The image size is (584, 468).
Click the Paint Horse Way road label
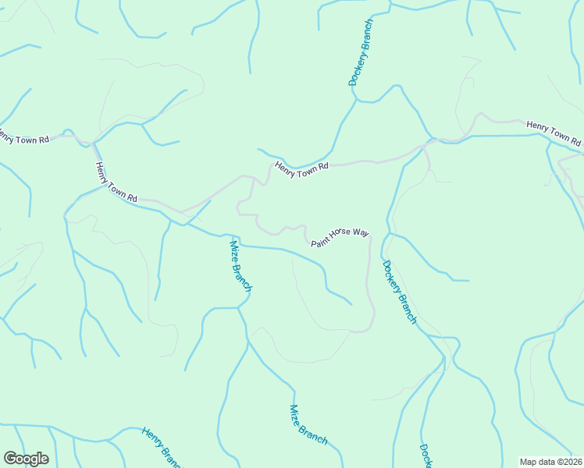click(340, 238)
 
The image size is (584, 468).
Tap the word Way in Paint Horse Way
click(360, 233)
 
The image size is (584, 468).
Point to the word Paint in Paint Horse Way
click(321, 243)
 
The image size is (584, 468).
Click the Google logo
click(26, 459)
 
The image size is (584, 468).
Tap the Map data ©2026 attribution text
click(551, 462)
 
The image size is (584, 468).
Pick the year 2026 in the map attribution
click(571, 462)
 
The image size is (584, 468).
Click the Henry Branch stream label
click(162, 448)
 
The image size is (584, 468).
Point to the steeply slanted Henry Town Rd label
click(116, 182)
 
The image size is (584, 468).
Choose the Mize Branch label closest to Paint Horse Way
click(240, 265)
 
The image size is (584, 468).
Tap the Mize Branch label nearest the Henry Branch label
click(308, 424)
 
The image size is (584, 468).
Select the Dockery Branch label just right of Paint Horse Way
click(400, 291)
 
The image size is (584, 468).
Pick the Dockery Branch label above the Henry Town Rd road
click(361, 52)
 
